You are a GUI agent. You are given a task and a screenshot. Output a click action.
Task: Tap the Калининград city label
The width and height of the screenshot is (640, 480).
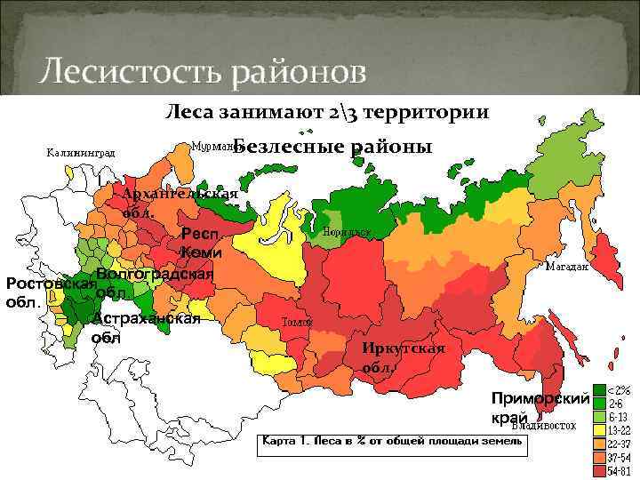[x=80, y=152]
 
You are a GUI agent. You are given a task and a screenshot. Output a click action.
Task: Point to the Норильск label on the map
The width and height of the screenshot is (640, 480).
[x=348, y=231]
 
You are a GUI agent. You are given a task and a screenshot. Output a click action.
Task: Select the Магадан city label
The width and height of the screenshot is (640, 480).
[x=566, y=266]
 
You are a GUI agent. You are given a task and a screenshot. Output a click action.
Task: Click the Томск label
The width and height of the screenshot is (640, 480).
[x=296, y=322]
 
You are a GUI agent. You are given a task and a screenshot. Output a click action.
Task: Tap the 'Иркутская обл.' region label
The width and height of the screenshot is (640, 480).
[x=403, y=356]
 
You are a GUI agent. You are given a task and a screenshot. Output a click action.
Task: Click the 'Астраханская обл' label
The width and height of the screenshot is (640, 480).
[x=146, y=328]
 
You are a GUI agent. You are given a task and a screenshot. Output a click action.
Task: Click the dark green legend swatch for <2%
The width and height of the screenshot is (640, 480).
[x=600, y=389]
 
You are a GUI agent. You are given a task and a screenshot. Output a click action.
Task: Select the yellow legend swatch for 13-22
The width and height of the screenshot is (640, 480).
[x=600, y=429]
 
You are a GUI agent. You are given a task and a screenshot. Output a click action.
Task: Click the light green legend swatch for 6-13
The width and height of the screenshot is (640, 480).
[x=600, y=416]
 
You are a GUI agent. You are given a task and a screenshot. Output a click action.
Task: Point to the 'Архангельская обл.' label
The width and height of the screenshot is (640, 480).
[x=178, y=204]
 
